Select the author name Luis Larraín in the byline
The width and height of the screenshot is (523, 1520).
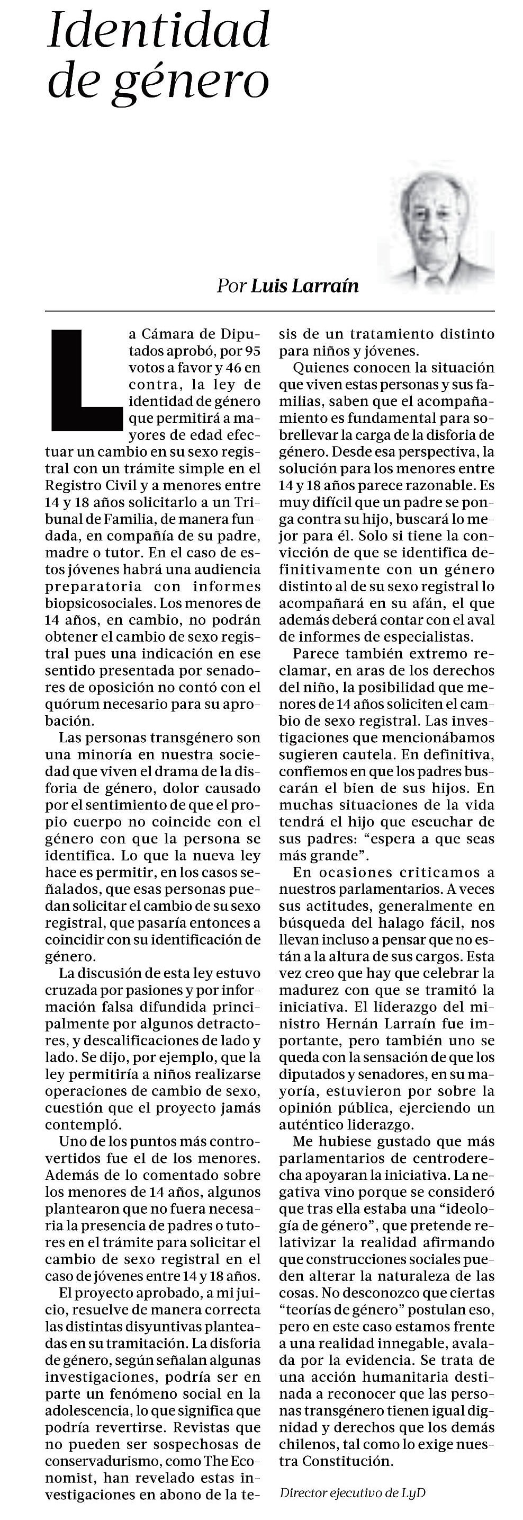[305, 286]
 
